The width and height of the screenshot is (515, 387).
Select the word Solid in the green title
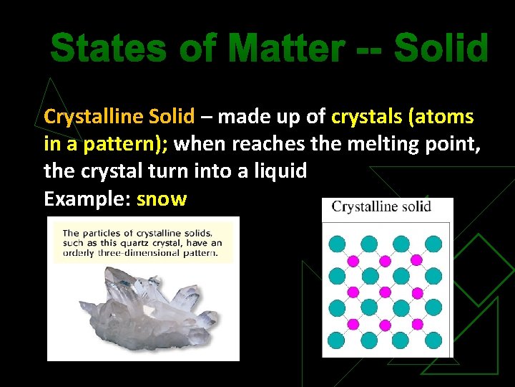[x=441, y=49]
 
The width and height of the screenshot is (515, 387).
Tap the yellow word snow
[x=161, y=199]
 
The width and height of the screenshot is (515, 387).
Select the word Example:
[x=87, y=199]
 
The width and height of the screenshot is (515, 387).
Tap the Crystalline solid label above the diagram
[x=381, y=207]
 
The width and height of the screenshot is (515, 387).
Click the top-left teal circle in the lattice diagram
[x=337, y=244]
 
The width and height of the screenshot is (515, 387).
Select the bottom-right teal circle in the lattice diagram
[x=433, y=340]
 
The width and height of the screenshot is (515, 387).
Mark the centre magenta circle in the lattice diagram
[x=385, y=292]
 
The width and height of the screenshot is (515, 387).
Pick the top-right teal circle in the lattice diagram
[x=433, y=244]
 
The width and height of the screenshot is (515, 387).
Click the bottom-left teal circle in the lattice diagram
[x=337, y=340]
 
